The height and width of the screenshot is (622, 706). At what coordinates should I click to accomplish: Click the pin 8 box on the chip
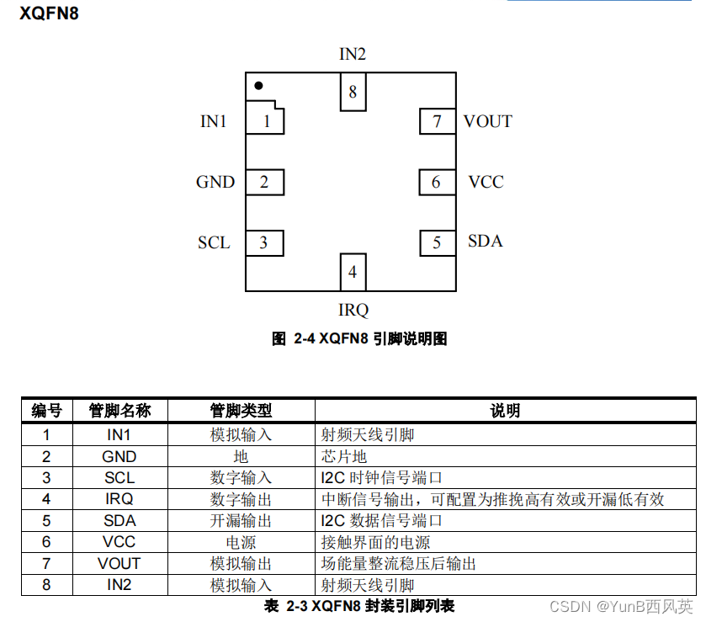coord(353,92)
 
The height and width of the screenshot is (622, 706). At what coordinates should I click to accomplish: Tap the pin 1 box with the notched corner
coord(265,120)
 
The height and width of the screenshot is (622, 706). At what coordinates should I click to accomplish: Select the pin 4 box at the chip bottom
coord(353,272)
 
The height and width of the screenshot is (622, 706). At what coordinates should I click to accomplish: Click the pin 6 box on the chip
coord(437,182)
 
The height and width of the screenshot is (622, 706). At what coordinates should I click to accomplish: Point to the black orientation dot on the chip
coord(259,85)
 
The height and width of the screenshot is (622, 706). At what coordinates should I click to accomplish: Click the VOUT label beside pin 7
coord(487,121)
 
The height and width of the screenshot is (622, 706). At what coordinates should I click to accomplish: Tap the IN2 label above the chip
coord(353,54)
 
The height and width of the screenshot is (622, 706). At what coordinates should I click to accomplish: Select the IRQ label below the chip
coord(353,310)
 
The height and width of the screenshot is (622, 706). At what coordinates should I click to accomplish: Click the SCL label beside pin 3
coord(214,242)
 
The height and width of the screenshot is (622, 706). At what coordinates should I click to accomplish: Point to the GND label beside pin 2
coord(215,182)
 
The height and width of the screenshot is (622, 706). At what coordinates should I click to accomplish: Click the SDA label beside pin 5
coord(485,242)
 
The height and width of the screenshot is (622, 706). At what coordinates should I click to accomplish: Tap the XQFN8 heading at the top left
coord(50,14)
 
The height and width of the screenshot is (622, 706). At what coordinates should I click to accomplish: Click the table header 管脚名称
coord(119,411)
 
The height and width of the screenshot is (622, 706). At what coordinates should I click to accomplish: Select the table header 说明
coord(505,411)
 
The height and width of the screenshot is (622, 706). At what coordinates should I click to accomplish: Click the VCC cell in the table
coord(119,542)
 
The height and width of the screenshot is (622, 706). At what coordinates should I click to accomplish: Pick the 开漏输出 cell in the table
coord(241,521)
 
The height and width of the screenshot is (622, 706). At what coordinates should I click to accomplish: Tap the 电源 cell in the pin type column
coord(241,542)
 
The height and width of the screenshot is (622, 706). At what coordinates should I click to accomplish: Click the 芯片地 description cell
coord(345,456)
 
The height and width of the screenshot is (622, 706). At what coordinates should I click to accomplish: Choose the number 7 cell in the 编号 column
coord(46,563)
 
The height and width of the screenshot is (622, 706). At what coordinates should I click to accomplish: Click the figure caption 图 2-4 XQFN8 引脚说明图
coord(359,338)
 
